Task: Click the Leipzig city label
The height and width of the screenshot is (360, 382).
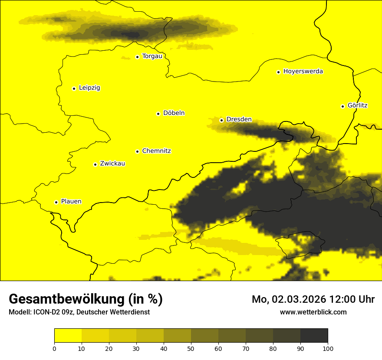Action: [x=89, y=88]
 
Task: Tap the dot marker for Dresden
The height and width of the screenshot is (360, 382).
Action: [x=221, y=120]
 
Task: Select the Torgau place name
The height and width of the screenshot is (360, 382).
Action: [x=152, y=56]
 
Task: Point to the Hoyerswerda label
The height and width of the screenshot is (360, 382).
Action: [x=303, y=72]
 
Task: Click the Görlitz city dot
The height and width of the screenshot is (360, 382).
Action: [x=342, y=106]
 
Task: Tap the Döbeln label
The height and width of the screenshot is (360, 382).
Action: [x=174, y=113]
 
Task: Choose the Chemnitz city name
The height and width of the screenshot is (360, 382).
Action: [x=156, y=151]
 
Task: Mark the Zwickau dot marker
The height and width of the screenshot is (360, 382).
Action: [x=95, y=164]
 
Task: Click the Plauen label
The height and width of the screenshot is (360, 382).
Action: [x=71, y=202]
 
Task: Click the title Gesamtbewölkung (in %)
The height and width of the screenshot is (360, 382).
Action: [x=86, y=299]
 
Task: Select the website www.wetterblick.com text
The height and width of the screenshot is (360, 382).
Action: [x=313, y=312]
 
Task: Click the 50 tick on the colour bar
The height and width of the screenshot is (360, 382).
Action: [x=191, y=348]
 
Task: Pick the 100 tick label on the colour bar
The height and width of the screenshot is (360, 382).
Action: [x=328, y=348]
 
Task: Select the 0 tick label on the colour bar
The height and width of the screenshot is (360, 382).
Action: [x=54, y=348]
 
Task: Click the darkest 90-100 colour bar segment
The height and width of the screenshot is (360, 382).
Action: [x=314, y=336]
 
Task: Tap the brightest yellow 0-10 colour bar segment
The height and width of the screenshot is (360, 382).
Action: [x=68, y=336]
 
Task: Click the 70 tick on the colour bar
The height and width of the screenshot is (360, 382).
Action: [x=246, y=348]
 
